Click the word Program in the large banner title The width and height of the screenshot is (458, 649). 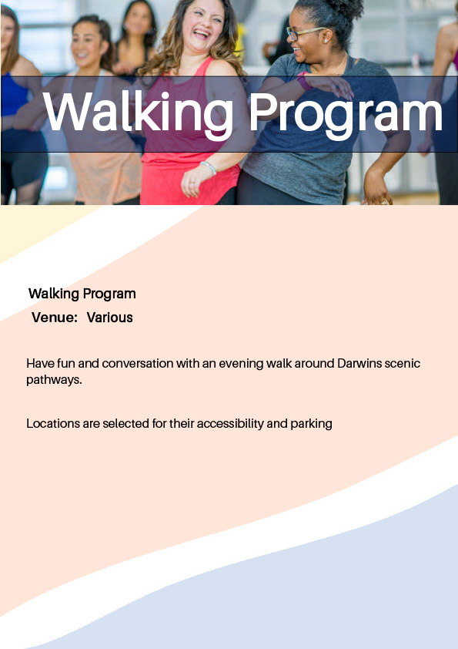point(345,113)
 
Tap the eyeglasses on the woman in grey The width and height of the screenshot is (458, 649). point(305,33)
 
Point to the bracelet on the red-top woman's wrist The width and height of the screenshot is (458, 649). point(208,167)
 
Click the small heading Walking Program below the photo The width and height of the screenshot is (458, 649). point(82,294)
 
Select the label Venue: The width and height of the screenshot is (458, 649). point(55,318)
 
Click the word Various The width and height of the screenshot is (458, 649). point(109,318)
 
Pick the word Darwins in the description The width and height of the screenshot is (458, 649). point(359,363)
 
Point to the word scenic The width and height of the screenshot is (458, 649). point(402,363)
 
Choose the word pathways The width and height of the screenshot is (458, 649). point(53,380)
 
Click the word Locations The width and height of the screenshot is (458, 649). point(52,423)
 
